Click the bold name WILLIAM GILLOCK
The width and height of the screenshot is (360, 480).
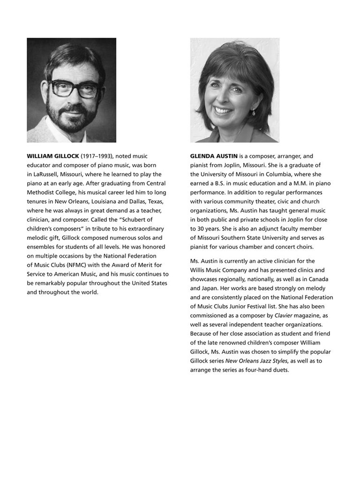[53, 156]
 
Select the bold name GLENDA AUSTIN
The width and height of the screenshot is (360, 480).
[214, 156]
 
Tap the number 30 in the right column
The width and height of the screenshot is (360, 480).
[200, 229]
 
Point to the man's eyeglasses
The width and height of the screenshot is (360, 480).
[75, 89]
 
